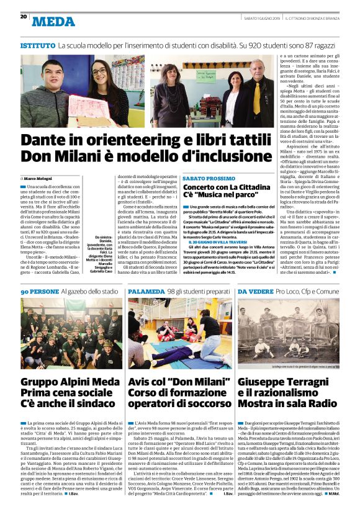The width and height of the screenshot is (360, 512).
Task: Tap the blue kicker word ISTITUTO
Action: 37,46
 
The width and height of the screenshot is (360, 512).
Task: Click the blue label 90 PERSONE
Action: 39,290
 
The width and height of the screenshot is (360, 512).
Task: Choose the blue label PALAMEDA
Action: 146,290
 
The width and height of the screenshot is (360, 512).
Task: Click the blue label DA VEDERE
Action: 255,290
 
